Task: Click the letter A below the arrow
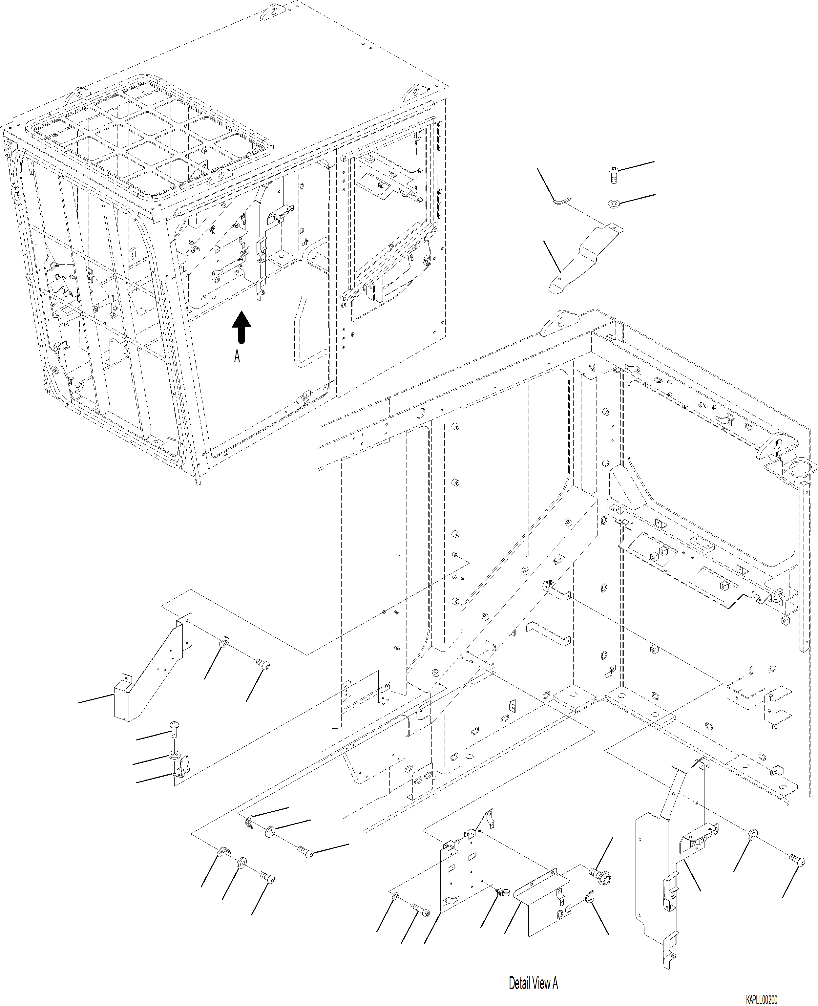237,356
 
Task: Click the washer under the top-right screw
614,203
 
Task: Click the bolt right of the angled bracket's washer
263,664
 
